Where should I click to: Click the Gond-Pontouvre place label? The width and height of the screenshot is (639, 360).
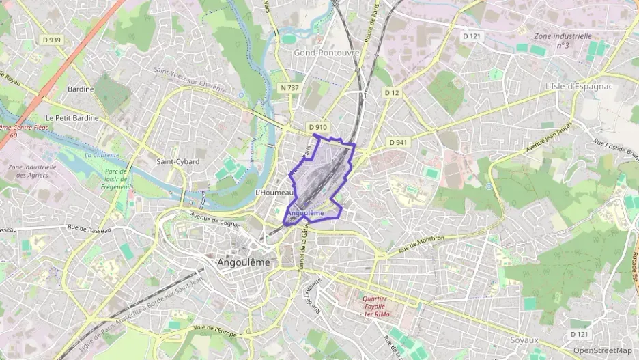point(322,52)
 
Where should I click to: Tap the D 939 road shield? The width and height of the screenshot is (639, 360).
point(51,40)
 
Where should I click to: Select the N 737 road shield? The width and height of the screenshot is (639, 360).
point(290,87)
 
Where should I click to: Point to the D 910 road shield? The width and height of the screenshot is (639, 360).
point(318,127)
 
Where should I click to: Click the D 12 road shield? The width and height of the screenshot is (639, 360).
point(391,92)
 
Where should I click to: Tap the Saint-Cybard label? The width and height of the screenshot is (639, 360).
point(178,162)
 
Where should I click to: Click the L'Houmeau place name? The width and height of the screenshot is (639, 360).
point(274,193)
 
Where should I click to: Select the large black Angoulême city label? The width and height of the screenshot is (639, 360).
point(243,262)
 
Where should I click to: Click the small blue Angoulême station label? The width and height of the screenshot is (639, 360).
point(305,213)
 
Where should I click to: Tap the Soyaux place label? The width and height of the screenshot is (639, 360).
point(524,340)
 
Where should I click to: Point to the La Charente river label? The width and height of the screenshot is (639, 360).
point(102,154)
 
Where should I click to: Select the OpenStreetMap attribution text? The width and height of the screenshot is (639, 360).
point(602,350)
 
